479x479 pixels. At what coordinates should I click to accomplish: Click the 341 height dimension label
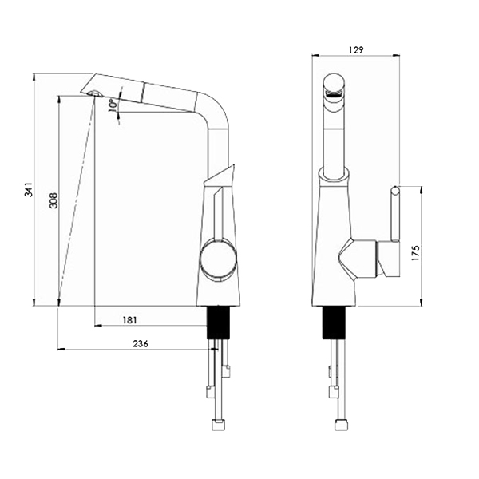coord(29,189)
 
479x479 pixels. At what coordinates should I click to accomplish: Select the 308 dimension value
coord(53,200)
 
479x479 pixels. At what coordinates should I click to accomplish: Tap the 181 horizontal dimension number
coord(129,320)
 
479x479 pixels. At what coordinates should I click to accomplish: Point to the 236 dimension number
coord(141,344)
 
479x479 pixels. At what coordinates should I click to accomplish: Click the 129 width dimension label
coord(356,50)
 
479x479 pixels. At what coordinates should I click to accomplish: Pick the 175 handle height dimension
coord(416,252)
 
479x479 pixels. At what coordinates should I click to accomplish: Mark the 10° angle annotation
coord(113,105)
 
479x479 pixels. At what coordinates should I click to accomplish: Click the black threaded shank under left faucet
coord(218,323)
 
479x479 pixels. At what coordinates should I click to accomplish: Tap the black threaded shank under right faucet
coord(334,323)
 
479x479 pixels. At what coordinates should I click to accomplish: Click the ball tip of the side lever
coord(395,191)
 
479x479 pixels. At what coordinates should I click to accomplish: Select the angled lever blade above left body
coord(220,176)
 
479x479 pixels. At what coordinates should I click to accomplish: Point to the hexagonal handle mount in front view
coord(357,259)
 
